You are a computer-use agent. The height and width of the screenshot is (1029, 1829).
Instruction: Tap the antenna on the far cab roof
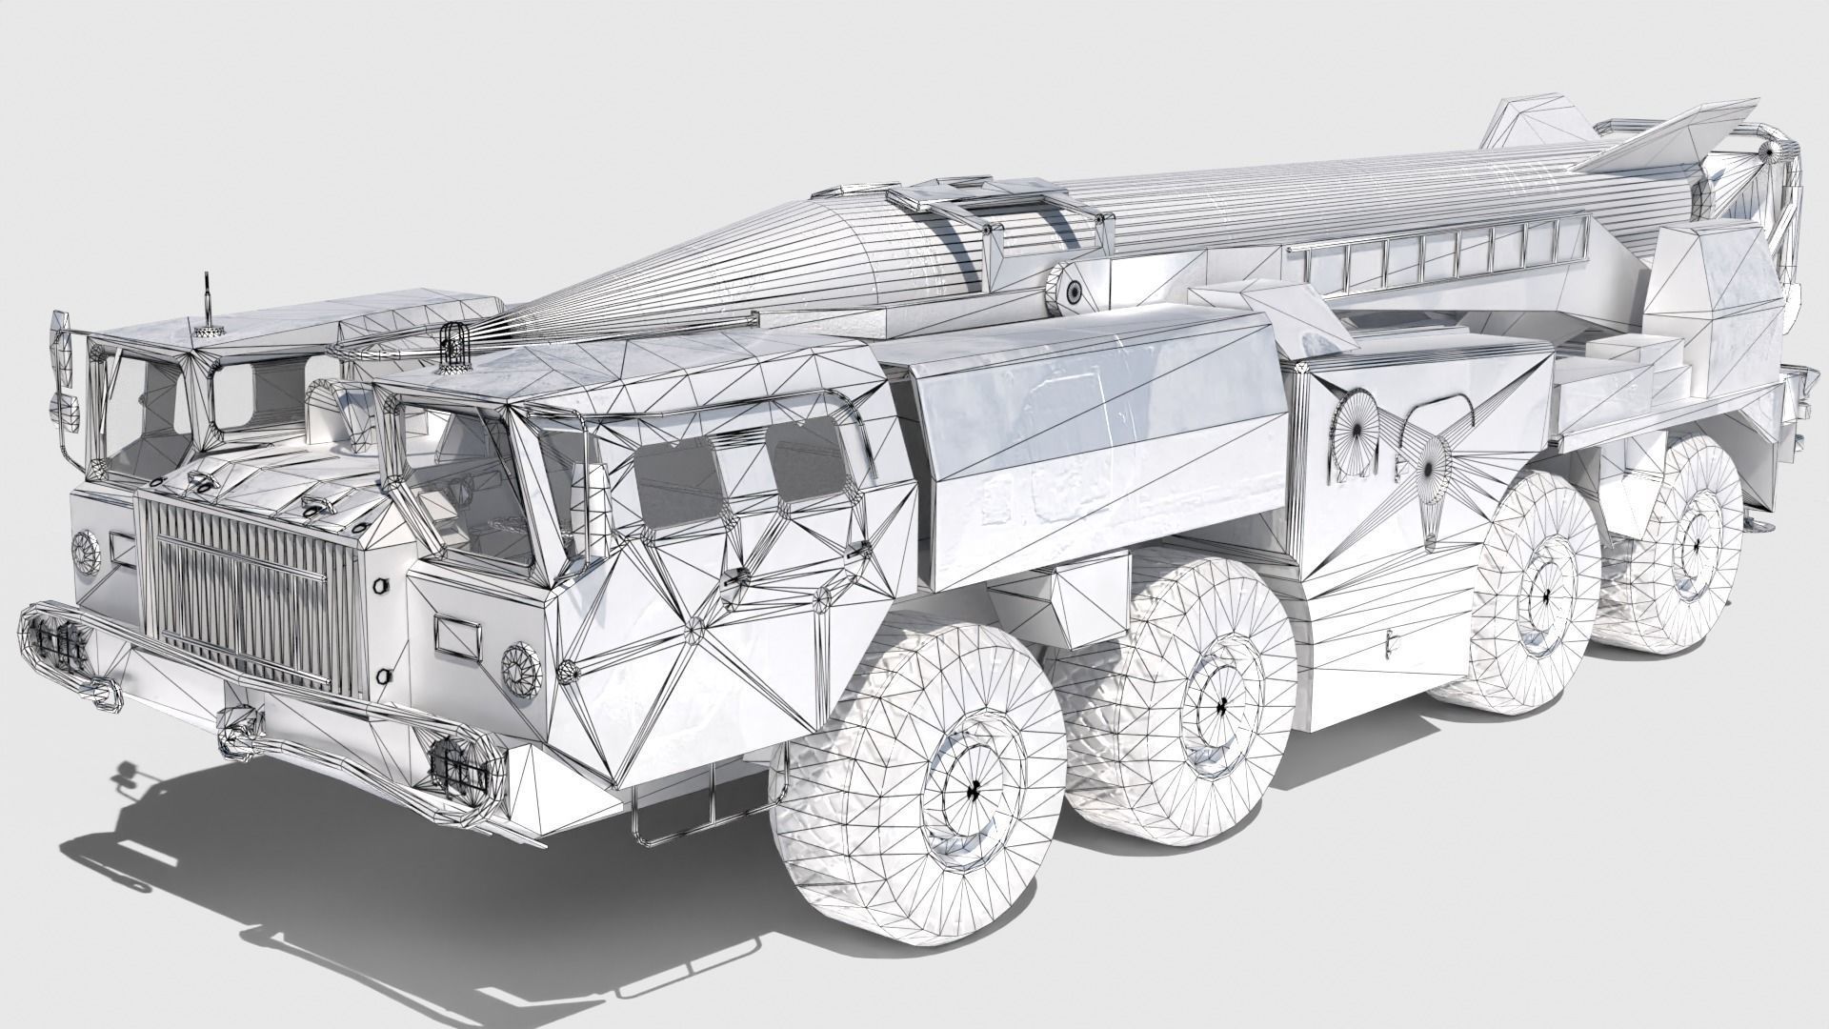click(x=203, y=305)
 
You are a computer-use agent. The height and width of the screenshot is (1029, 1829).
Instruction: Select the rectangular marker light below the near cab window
click(x=455, y=630)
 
